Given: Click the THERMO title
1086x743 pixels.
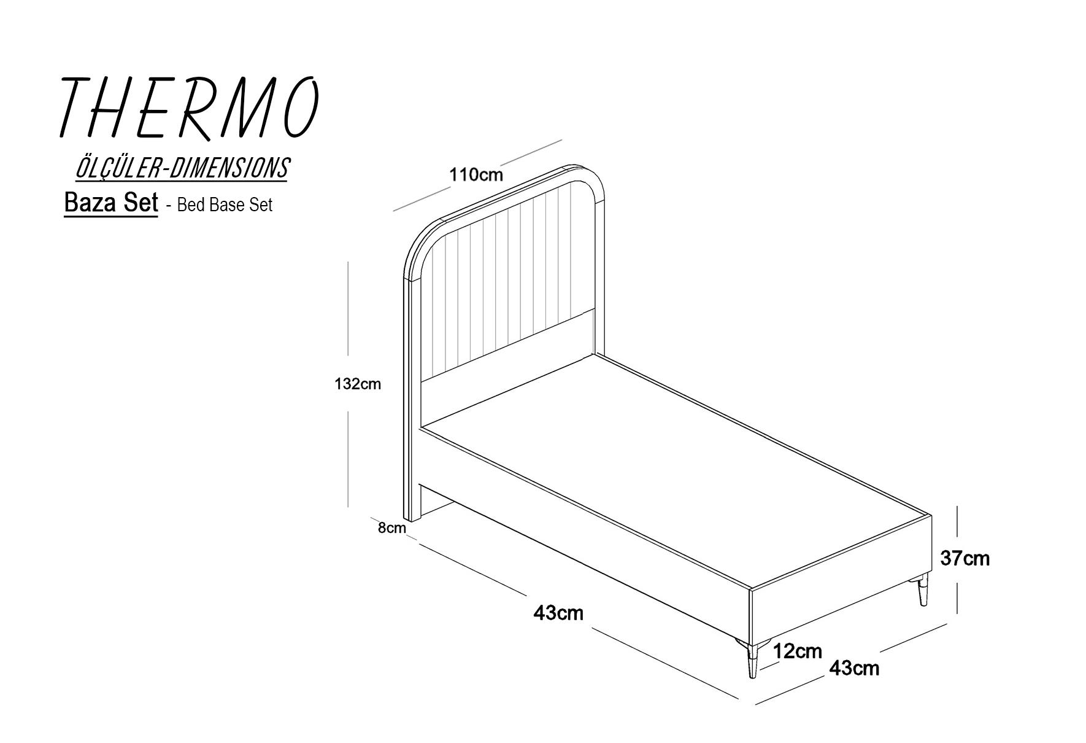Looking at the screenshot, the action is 189,108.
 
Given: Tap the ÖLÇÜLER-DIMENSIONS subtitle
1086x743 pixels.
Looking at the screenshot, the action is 182,168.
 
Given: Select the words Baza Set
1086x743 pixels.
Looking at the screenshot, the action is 111,203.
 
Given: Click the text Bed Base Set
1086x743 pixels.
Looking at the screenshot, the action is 225,204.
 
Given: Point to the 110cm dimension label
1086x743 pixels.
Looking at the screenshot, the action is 476,175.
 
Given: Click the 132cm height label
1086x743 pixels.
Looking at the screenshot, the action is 358,384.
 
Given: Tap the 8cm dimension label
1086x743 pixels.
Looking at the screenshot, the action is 391,527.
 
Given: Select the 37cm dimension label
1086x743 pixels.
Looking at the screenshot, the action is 965,558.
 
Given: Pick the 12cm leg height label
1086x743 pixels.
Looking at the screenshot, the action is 797,651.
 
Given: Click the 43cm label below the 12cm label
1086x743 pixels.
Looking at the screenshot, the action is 854,668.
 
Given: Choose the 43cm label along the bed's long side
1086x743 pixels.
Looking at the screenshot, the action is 558,613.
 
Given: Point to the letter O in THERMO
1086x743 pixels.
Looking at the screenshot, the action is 302,107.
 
